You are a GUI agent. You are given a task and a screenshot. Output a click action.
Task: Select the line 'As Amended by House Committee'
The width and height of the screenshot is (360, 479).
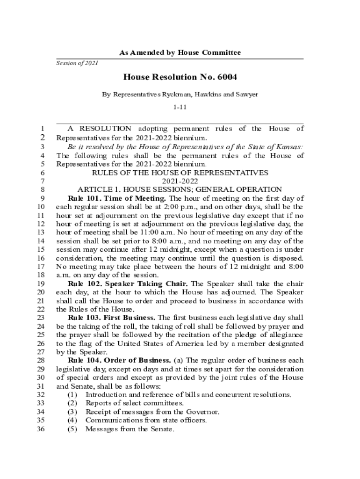[x=180, y=52]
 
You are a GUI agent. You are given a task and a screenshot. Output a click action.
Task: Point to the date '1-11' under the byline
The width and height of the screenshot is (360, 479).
[x=180, y=107]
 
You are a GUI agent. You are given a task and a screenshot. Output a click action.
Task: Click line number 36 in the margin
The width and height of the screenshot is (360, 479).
[x=41, y=429]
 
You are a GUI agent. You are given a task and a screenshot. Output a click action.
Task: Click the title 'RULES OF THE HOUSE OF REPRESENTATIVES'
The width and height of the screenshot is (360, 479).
[x=180, y=173]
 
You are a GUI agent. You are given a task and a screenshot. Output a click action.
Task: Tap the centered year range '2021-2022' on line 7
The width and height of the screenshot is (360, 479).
[x=180, y=181]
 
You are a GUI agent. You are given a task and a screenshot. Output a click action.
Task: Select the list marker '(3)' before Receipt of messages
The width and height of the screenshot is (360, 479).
[x=72, y=412]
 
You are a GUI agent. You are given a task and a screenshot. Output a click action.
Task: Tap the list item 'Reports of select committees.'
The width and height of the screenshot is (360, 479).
[x=135, y=403]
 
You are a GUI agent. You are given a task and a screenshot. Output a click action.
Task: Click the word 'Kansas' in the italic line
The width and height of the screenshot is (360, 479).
[x=290, y=147]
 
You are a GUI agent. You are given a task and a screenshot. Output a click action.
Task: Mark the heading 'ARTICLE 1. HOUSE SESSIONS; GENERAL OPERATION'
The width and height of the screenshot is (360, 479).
[x=180, y=189]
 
